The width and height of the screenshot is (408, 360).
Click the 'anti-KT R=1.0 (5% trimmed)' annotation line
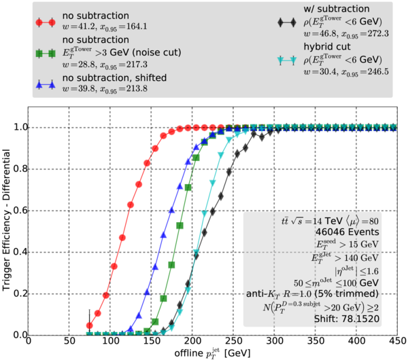pos(327,293)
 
